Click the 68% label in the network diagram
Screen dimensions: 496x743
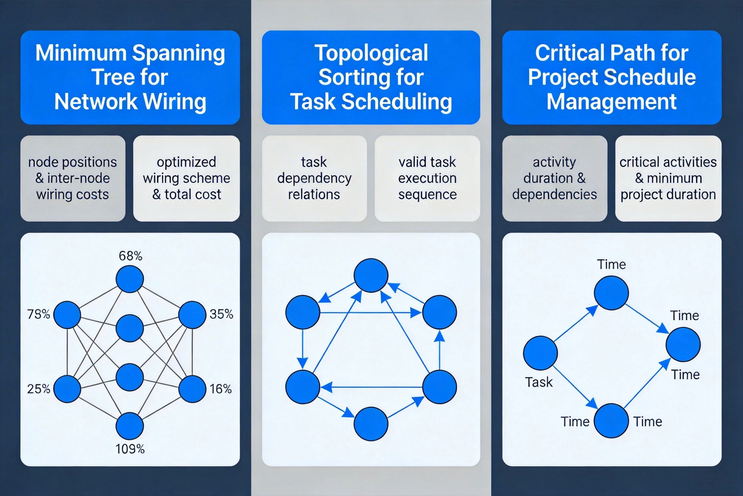(130, 255)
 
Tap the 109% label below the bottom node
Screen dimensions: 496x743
(130, 449)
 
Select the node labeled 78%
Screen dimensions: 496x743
(67, 315)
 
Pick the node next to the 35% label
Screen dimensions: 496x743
(192, 315)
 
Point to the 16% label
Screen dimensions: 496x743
(221, 389)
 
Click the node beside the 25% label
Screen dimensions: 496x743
(67, 389)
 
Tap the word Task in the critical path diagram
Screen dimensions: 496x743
(538, 382)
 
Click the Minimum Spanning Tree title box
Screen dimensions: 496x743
(130, 77)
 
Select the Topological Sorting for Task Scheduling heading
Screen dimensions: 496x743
(371, 77)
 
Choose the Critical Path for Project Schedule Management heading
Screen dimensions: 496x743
(612, 77)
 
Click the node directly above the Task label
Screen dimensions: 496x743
(540, 353)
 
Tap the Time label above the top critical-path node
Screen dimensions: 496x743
(611, 264)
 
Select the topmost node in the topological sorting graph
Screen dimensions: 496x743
(371, 275)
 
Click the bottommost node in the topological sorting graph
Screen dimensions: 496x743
(371, 424)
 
